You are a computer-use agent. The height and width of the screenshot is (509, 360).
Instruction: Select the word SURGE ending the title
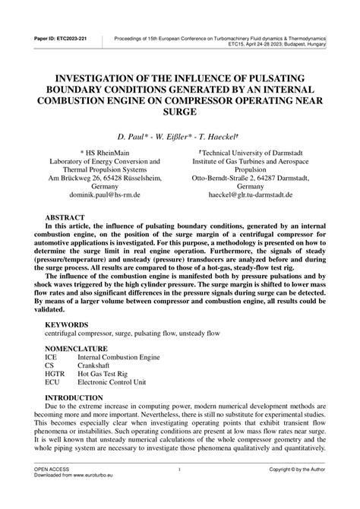click(x=180, y=111)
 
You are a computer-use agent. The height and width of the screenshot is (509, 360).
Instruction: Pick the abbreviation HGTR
click(x=56, y=375)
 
